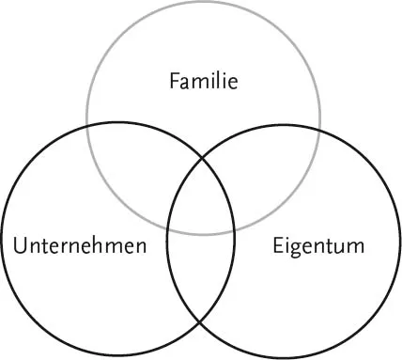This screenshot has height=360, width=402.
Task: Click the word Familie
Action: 203,82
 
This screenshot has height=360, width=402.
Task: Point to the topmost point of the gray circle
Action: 203,3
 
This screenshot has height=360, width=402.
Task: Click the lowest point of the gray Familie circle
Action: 203,234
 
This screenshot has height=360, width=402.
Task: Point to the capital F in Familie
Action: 173,82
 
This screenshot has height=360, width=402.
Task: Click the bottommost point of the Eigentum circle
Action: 284,358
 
